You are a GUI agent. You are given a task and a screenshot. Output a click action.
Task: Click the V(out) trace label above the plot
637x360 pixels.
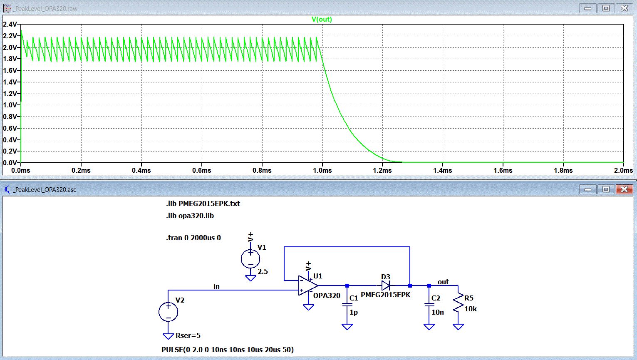322,20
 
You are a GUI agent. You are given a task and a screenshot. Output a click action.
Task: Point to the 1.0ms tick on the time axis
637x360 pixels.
322,170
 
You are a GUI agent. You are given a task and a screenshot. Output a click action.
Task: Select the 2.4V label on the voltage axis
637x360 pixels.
10,25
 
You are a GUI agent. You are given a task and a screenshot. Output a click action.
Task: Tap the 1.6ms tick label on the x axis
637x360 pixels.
503,170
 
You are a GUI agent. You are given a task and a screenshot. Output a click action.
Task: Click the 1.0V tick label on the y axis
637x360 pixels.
10,105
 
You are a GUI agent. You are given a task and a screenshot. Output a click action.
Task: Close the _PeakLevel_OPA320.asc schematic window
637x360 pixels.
624,189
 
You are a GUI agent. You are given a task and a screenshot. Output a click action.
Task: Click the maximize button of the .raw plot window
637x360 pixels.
606,8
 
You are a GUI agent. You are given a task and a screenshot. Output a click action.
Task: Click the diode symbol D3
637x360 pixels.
386,286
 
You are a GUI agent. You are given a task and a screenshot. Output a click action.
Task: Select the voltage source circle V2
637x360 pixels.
169,312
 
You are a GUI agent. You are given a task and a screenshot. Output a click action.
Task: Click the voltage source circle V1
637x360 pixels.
250,259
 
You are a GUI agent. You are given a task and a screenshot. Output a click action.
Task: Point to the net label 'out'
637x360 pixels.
443,282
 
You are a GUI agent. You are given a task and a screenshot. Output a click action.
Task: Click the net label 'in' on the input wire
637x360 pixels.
216,286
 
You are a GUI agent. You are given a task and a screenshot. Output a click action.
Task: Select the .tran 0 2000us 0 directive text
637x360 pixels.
193,238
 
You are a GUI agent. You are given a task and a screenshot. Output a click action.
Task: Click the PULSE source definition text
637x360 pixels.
228,350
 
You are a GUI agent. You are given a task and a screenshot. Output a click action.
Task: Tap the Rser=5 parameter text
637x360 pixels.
188,335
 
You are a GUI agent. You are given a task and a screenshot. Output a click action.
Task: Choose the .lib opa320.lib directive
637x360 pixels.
190,216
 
